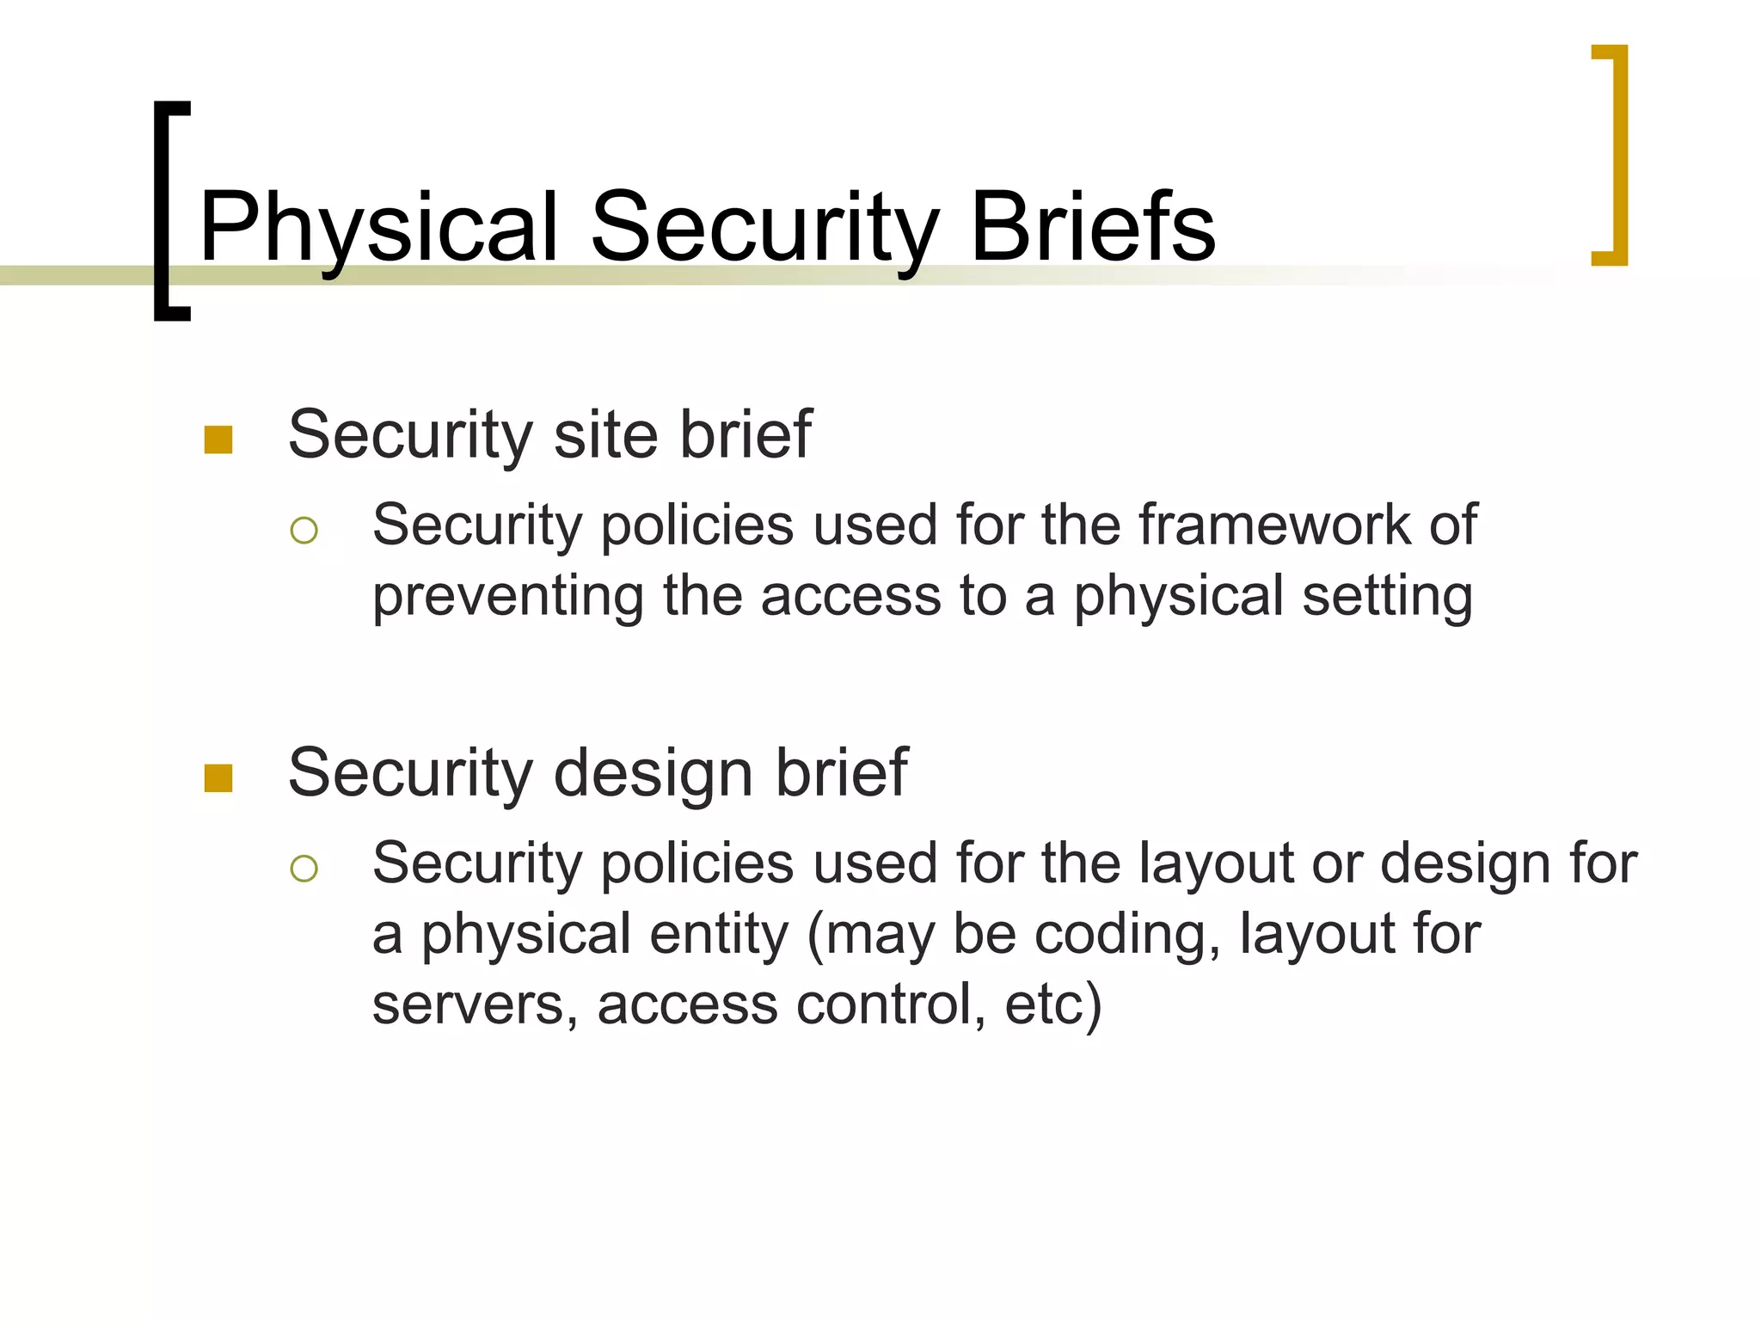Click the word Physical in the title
[378, 228]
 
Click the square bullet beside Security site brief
[218, 439]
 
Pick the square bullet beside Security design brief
[218, 778]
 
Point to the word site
[607, 434]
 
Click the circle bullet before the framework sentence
[304, 530]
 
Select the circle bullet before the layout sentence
[304, 869]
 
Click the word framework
[1274, 525]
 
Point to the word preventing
[507, 597]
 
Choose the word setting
[1387, 597]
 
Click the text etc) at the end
[1052, 1005]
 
